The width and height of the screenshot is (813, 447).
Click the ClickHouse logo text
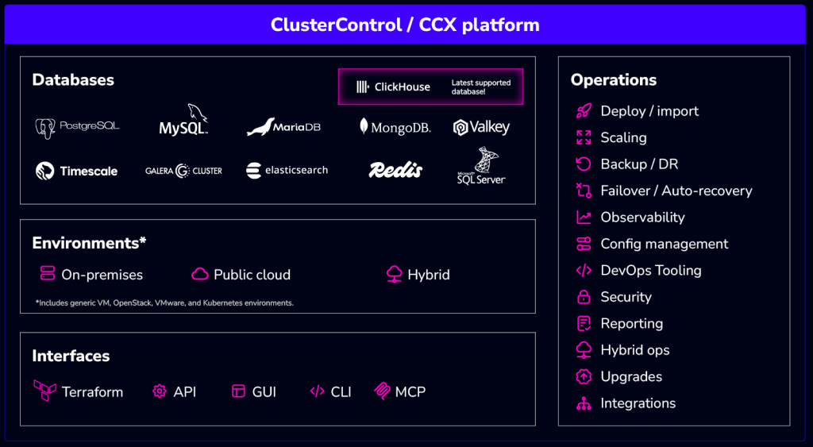[x=403, y=87]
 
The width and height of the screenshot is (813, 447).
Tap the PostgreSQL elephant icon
[x=45, y=129]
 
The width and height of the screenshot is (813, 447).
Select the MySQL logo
[x=183, y=120]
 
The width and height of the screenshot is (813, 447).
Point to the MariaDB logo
[x=283, y=127]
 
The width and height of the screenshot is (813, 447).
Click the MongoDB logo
[x=395, y=127]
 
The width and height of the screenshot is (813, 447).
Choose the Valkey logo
[x=481, y=127]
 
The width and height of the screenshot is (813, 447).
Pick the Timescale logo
[x=77, y=171]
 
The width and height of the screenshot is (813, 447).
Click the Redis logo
[x=395, y=170]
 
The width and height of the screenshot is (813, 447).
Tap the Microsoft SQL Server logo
[x=482, y=165]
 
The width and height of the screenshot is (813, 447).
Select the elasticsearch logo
[x=287, y=170]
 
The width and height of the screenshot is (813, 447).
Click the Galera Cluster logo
[x=183, y=171]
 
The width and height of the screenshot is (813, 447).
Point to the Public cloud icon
[x=199, y=274]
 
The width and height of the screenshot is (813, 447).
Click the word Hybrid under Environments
[x=429, y=275]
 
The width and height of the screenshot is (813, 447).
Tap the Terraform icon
[x=45, y=391]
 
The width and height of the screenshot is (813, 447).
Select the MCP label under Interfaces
[x=410, y=391]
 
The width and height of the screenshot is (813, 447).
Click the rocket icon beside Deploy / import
[x=584, y=111]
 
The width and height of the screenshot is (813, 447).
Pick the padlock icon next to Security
[x=584, y=297]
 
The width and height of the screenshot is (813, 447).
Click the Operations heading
[x=614, y=80]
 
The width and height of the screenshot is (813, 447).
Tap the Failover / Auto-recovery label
[x=676, y=191]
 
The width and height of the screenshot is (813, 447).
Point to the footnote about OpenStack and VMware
[x=164, y=302]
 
